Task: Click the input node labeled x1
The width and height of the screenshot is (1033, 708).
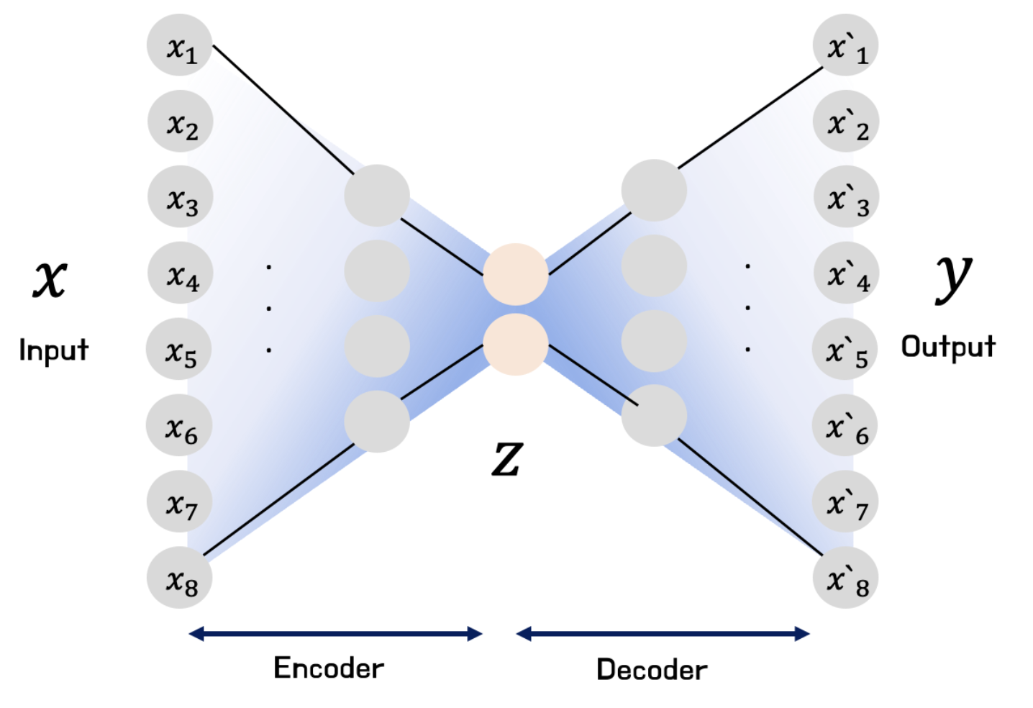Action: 180,45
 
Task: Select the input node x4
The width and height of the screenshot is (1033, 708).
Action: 181,274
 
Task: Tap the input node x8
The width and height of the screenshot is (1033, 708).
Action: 180,578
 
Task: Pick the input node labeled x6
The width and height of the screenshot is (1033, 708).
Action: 179,426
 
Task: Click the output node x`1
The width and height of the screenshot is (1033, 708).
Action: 845,45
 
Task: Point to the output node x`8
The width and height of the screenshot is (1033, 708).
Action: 845,578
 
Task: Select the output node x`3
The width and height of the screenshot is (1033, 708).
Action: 846,197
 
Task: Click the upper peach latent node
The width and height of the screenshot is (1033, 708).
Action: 515,274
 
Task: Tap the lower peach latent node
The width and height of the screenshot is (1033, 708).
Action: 515,344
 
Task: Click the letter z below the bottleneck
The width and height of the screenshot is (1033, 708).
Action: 506,458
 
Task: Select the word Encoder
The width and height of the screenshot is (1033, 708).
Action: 329,668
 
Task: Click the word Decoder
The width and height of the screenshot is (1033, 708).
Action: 652,670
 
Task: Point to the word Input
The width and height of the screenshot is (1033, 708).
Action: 53,350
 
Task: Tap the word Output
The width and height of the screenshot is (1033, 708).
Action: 948,347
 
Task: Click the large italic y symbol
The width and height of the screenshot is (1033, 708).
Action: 953,277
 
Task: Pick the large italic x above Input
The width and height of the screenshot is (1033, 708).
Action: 50,278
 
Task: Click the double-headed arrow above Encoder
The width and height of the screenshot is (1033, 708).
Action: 335,634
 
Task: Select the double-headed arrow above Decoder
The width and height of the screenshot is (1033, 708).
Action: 663,634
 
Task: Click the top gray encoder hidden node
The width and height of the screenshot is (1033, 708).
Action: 377,195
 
